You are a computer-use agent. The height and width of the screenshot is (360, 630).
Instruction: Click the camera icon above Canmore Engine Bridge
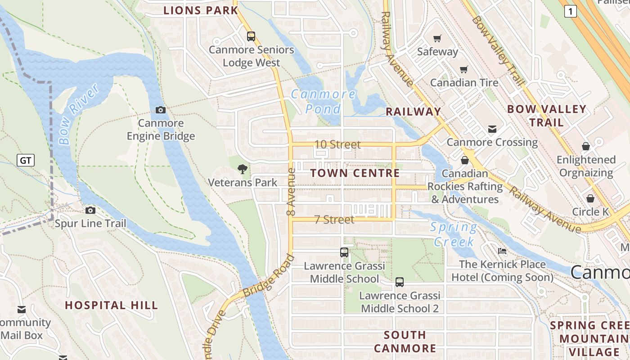pyautogui.click(x=161, y=110)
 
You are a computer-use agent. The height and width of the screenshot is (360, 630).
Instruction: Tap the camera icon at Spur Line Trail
pyautogui.click(x=90, y=210)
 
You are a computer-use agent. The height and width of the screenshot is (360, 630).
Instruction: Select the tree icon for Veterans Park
pyautogui.click(x=243, y=169)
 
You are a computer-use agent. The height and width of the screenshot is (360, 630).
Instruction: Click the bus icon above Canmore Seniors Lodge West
pyautogui.click(x=251, y=36)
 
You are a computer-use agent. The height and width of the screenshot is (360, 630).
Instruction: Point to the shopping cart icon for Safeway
pyautogui.click(x=437, y=38)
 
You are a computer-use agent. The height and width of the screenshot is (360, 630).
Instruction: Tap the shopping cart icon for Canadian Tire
pyautogui.click(x=463, y=69)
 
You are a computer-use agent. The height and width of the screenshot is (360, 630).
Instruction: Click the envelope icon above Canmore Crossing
pyautogui.click(x=492, y=129)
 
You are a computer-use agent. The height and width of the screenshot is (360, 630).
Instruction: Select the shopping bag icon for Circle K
pyautogui.click(x=590, y=198)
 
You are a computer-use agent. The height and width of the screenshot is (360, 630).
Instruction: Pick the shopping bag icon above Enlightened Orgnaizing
pyautogui.click(x=585, y=146)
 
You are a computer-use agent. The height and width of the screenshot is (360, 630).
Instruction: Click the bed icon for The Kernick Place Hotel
pyautogui.click(x=502, y=251)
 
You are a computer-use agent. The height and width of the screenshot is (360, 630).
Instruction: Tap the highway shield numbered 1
pyautogui.click(x=570, y=12)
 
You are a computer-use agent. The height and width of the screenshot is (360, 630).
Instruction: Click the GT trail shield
pyautogui.click(x=26, y=160)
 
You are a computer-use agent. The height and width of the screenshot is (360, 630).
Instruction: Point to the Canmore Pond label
pyautogui.click(x=323, y=101)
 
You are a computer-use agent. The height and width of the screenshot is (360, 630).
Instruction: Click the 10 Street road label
pyautogui.click(x=337, y=144)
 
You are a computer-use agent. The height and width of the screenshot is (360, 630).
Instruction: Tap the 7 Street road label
pyautogui.click(x=334, y=220)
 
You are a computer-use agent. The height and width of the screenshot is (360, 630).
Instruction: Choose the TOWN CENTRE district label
pyautogui.click(x=355, y=173)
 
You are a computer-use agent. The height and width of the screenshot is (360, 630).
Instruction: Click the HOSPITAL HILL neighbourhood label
pyautogui.click(x=112, y=305)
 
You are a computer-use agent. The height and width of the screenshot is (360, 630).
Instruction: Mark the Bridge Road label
pyautogui.click(x=269, y=275)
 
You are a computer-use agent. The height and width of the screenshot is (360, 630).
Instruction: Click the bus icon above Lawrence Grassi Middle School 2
pyautogui.click(x=399, y=282)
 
